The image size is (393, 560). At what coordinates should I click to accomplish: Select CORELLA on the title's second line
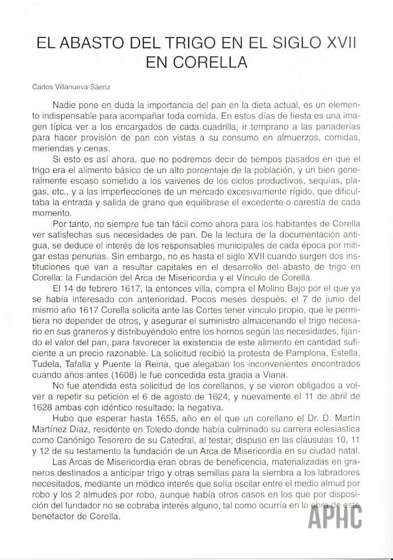[215, 62]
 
